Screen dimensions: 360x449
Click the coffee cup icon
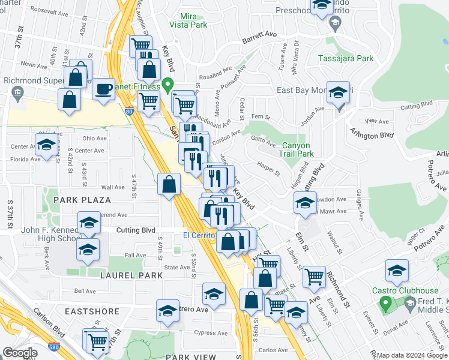103,89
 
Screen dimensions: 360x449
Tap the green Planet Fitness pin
169,85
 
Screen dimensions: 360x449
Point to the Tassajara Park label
345,58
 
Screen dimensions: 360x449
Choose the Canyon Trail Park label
297,149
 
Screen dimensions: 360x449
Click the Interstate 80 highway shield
130,110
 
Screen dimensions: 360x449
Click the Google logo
20,353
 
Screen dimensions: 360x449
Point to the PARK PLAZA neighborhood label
82,199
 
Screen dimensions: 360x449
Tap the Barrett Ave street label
260,38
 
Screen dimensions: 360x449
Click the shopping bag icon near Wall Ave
169,184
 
